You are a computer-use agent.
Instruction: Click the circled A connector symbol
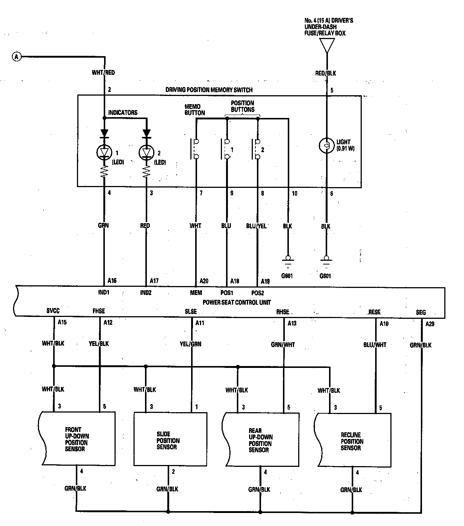point(16,57)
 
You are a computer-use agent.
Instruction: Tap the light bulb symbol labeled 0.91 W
point(327,145)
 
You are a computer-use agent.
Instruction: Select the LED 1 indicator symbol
point(104,152)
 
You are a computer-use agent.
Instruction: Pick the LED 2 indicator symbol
point(146,152)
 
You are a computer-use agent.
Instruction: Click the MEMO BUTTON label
point(194,110)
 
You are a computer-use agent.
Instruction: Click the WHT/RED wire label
point(103,73)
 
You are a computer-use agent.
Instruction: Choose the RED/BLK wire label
point(326,73)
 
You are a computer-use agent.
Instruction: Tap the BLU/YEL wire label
point(257,226)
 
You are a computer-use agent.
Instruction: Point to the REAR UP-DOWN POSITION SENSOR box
point(261,440)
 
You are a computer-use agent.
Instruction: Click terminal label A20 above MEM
point(204,281)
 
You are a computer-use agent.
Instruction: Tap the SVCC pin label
point(53,311)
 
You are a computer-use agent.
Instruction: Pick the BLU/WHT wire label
point(375,345)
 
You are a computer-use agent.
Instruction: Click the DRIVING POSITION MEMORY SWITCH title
point(209,90)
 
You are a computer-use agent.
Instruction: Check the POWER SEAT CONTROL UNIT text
point(237,302)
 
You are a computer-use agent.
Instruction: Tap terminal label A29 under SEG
point(429,324)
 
